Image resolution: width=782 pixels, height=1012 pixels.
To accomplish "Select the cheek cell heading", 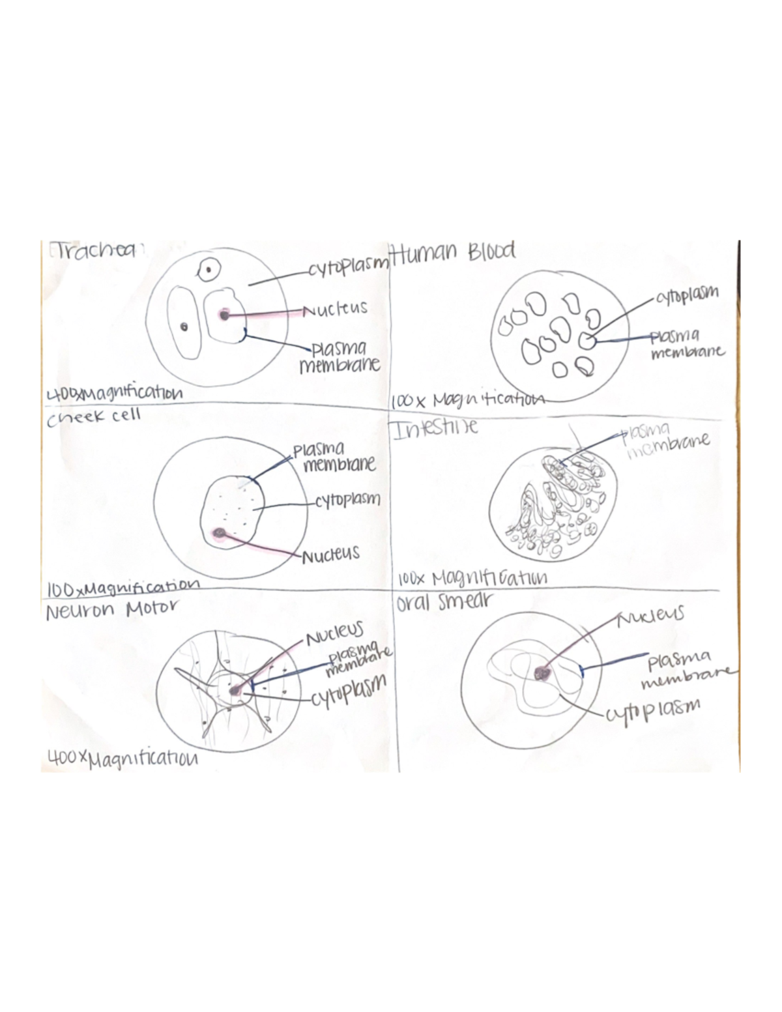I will pyautogui.click(x=94, y=416).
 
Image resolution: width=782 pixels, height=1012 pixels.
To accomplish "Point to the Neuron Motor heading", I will pyautogui.click(x=111, y=610).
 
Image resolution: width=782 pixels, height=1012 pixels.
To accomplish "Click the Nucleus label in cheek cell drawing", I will pyautogui.click(x=330, y=555).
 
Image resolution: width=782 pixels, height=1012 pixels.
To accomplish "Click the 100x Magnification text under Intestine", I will pyautogui.click(x=472, y=578).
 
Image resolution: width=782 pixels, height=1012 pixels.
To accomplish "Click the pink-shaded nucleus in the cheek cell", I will pyautogui.click(x=219, y=534).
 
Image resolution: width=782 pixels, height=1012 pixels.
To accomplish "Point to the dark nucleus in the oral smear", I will pyautogui.click(x=541, y=674).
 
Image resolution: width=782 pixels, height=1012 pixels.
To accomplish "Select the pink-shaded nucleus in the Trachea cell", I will pyautogui.click(x=224, y=315).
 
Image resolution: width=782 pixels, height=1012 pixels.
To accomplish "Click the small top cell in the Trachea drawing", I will pyautogui.click(x=209, y=269).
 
